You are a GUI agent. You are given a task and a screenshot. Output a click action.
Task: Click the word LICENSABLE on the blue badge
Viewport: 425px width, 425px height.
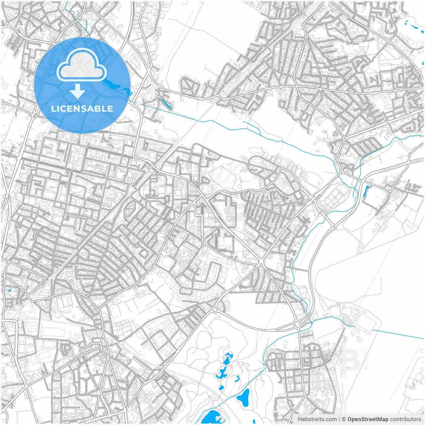(x=82, y=109)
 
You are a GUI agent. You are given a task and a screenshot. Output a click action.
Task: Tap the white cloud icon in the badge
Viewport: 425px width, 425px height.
(x=81, y=65)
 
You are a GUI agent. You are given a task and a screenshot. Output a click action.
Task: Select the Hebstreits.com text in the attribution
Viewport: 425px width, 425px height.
(x=317, y=419)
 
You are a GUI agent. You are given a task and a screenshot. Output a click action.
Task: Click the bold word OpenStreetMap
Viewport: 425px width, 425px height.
(x=368, y=419)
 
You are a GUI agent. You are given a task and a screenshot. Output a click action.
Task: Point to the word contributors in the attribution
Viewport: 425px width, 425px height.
(x=405, y=419)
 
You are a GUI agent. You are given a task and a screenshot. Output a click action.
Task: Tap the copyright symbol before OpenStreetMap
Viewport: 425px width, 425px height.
(x=344, y=419)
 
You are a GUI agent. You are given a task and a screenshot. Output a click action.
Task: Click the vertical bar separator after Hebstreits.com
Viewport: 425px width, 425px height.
(x=339, y=419)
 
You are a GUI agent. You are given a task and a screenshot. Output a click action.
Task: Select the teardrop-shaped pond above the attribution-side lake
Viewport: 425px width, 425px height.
(x=244, y=397)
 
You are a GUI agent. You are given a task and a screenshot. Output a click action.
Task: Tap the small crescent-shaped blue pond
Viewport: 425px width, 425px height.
(x=237, y=379)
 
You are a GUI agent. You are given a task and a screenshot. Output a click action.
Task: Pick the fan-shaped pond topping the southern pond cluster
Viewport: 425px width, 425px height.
(x=227, y=359)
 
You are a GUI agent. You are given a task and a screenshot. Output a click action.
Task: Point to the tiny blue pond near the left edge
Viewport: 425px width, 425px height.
(x=9, y=290)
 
